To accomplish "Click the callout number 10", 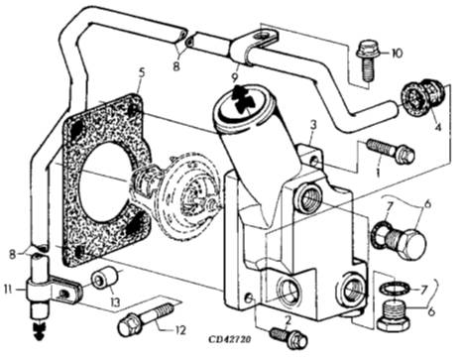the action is [397, 53].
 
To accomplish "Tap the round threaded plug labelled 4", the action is [424, 97].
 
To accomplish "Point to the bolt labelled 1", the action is [392, 151].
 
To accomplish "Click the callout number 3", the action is [313, 125].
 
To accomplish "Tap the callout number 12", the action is [179, 330].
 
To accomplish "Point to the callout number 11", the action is [8, 291].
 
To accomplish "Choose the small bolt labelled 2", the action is [289, 337].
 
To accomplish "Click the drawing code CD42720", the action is [229, 340].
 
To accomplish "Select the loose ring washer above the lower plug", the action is [396, 289].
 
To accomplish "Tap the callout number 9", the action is [234, 78].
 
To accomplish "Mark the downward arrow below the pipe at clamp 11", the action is [39, 328].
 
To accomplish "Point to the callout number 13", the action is [115, 301].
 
